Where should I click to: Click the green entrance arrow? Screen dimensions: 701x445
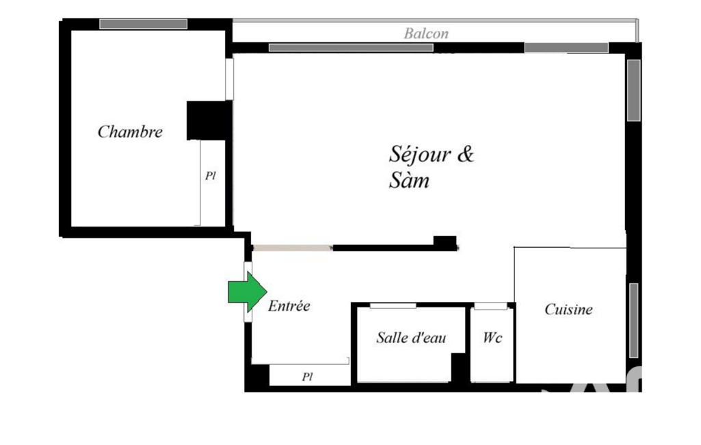tap(247, 292)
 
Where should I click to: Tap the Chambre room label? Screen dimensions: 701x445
tap(130, 131)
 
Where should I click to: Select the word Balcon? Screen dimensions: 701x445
tap(426, 34)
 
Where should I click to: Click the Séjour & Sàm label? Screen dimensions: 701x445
tap(432, 167)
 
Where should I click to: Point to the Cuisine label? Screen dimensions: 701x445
tap(569, 309)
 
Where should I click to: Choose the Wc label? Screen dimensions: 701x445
tap(492, 337)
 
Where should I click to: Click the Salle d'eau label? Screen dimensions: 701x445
tap(411, 338)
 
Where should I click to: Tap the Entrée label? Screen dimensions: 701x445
tap(289, 306)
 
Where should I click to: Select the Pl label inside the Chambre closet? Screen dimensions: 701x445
tap(211, 175)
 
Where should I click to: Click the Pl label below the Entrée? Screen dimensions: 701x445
tap(307, 377)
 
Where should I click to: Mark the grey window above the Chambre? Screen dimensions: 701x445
tap(143, 24)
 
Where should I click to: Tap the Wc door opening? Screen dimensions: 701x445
tap(490, 306)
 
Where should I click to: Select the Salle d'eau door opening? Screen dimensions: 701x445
tap(393, 306)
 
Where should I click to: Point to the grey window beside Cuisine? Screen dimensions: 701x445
tap(633, 320)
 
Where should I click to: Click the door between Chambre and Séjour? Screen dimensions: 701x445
tap(229, 79)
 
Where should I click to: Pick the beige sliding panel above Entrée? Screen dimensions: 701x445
tap(293, 248)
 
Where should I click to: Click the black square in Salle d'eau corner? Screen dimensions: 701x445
tap(460, 368)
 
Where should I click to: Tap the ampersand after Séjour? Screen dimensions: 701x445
tap(465, 154)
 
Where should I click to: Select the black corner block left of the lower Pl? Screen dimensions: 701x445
tap(257, 377)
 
